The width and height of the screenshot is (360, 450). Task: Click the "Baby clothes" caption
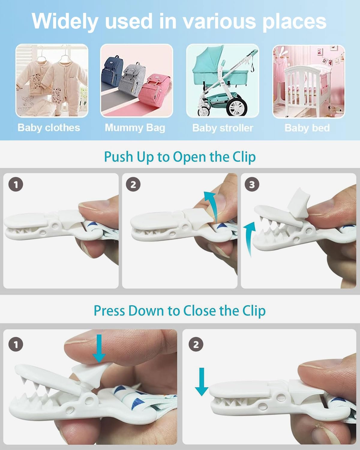tap(49, 128)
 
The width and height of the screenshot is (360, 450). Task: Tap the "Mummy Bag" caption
tap(135, 128)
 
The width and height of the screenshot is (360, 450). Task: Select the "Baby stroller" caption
tap(223, 128)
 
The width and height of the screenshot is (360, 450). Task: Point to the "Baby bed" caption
tap(307, 128)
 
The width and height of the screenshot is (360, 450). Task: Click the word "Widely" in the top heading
tap(65, 21)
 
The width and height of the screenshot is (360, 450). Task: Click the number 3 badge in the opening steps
tap(252, 184)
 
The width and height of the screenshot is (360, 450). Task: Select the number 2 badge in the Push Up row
tap(133, 184)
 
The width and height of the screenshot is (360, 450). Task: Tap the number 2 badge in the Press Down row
tap(196, 344)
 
